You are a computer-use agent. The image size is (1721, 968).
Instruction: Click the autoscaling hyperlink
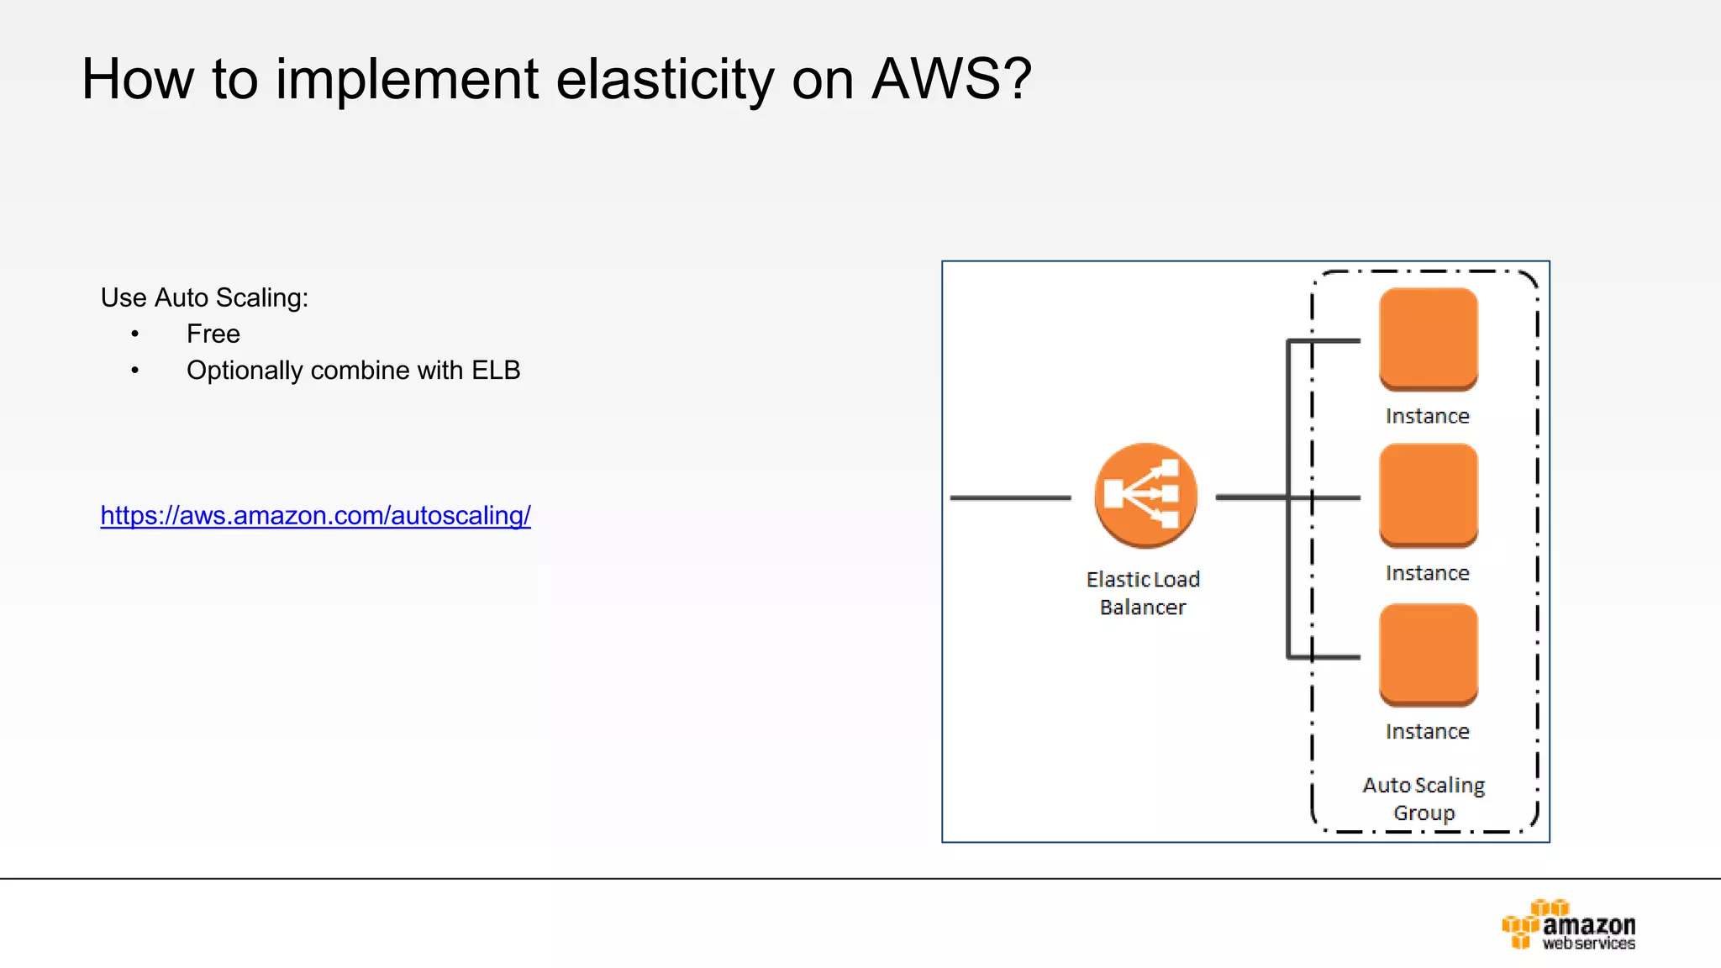pos(315,515)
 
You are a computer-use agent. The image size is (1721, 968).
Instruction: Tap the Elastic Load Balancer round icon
pos(1145,496)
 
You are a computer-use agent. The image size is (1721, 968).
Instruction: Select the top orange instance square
pos(1428,339)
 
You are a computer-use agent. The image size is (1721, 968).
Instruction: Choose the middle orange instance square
pos(1428,496)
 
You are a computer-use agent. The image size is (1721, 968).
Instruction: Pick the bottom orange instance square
pos(1428,655)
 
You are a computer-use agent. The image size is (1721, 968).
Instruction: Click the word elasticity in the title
pos(664,80)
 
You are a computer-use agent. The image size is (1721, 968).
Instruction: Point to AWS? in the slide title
pos(951,80)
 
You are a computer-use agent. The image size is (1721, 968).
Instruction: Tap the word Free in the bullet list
pos(213,334)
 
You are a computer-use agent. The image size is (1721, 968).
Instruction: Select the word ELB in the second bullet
pos(496,371)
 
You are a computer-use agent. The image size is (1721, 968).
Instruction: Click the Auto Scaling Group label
pos(1424,798)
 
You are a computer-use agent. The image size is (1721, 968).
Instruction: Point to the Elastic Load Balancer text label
pos(1143,593)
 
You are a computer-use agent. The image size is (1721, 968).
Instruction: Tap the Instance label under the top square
pos(1427,416)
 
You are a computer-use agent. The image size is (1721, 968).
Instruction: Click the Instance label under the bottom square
pos(1427,732)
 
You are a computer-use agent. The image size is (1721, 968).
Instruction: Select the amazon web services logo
pos(1568,925)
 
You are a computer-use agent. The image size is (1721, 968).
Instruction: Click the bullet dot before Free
pos(134,334)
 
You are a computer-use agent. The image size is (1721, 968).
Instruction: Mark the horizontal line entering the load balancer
pos(1010,497)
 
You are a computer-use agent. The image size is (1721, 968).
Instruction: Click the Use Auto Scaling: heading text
pos(204,298)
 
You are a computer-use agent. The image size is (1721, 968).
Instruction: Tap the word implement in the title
pos(407,80)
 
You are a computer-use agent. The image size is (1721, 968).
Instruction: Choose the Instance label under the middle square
pos(1427,573)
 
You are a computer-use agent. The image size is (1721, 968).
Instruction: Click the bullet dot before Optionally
pos(134,371)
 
